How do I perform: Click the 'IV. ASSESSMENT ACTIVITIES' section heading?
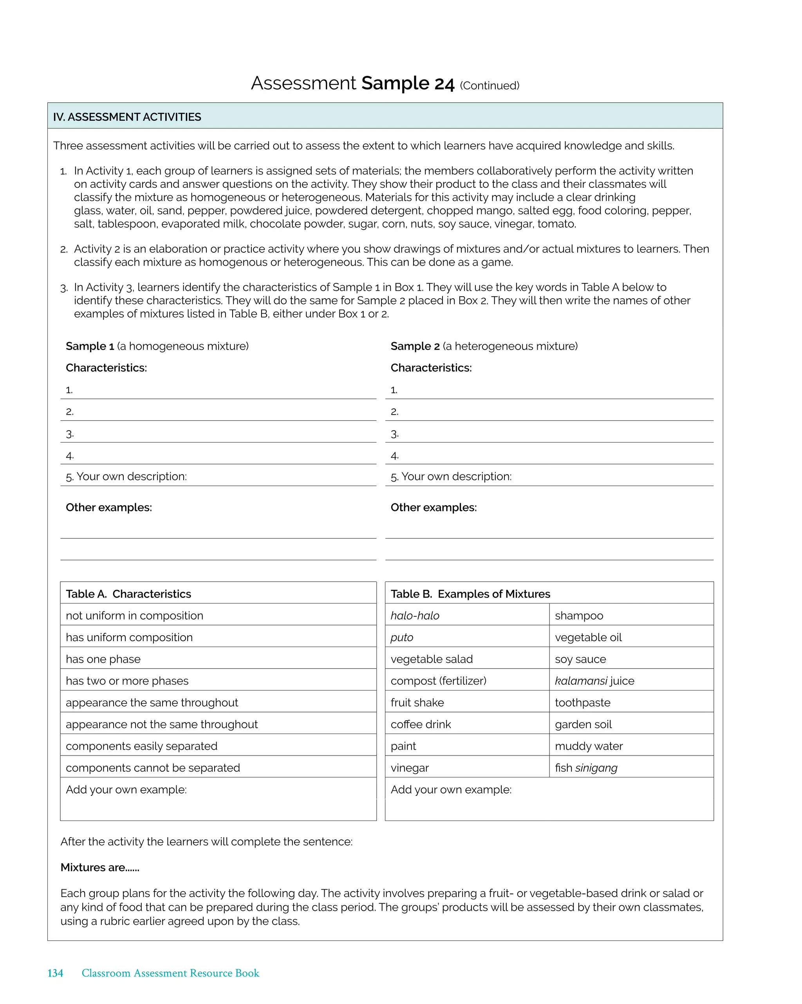tap(127, 117)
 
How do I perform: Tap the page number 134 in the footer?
tap(55, 973)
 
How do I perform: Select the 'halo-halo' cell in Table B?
tap(415, 616)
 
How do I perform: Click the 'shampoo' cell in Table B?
tap(578, 616)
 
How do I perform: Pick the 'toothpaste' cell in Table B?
tap(582, 702)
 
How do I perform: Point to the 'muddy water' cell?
tap(588, 746)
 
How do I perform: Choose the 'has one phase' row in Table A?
tap(103, 659)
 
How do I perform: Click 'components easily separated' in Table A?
tap(141, 746)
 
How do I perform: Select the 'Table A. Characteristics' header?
tap(128, 594)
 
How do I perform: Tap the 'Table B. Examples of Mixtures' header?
tap(470, 594)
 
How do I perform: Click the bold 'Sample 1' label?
tap(90, 346)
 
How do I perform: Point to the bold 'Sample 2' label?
tap(415, 346)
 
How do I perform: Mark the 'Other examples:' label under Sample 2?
tap(434, 507)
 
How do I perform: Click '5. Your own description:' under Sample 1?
tap(126, 477)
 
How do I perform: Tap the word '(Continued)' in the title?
tap(489, 86)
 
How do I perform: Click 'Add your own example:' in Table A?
tap(126, 789)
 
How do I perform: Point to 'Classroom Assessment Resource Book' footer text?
tap(170, 973)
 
